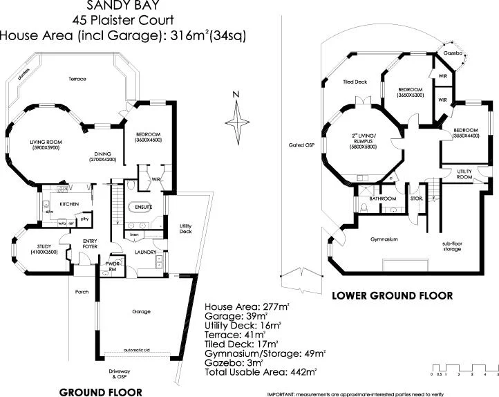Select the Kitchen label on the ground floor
click(68, 204)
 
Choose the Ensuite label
click(143, 207)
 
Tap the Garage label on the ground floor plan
click(142, 311)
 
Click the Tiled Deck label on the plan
click(354, 82)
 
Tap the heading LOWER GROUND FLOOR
click(393, 295)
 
